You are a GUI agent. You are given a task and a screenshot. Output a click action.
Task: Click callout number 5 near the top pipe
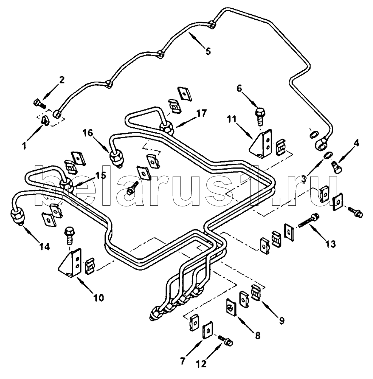[x=208, y=51]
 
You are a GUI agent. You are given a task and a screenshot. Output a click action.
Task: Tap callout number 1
[x=24, y=146]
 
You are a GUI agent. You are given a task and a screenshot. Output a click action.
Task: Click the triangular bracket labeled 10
[x=70, y=263]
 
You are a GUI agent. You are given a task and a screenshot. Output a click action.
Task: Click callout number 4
[x=356, y=144]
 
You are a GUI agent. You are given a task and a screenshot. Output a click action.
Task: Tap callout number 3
[x=304, y=179]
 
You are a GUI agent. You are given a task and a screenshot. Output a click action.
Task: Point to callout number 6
[x=239, y=89]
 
